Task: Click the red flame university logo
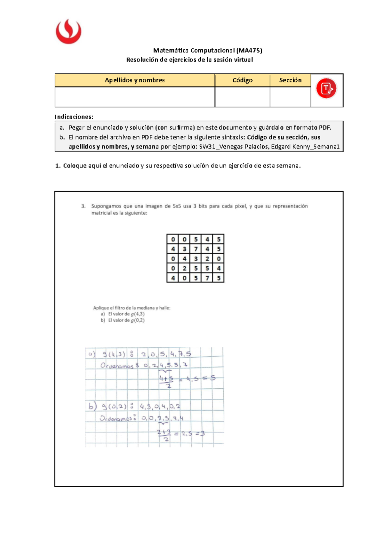tap(68, 31)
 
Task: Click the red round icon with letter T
tap(326, 88)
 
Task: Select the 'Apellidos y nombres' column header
tap(135, 80)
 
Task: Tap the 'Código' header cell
tap(242, 80)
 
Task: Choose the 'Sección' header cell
tap(290, 80)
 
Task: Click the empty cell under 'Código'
tap(242, 97)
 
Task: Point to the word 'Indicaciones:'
tap(74, 117)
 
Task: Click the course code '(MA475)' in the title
tap(249, 50)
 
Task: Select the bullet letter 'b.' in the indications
tap(62, 137)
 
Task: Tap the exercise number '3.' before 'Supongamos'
tap(83, 206)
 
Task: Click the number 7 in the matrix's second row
tap(196, 249)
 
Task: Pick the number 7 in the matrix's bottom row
tap(207, 278)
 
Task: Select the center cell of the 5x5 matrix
tap(196, 259)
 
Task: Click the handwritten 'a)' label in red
tap(92, 354)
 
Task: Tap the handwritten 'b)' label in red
tap(92, 406)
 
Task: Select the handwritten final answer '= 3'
tap(200, 434)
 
